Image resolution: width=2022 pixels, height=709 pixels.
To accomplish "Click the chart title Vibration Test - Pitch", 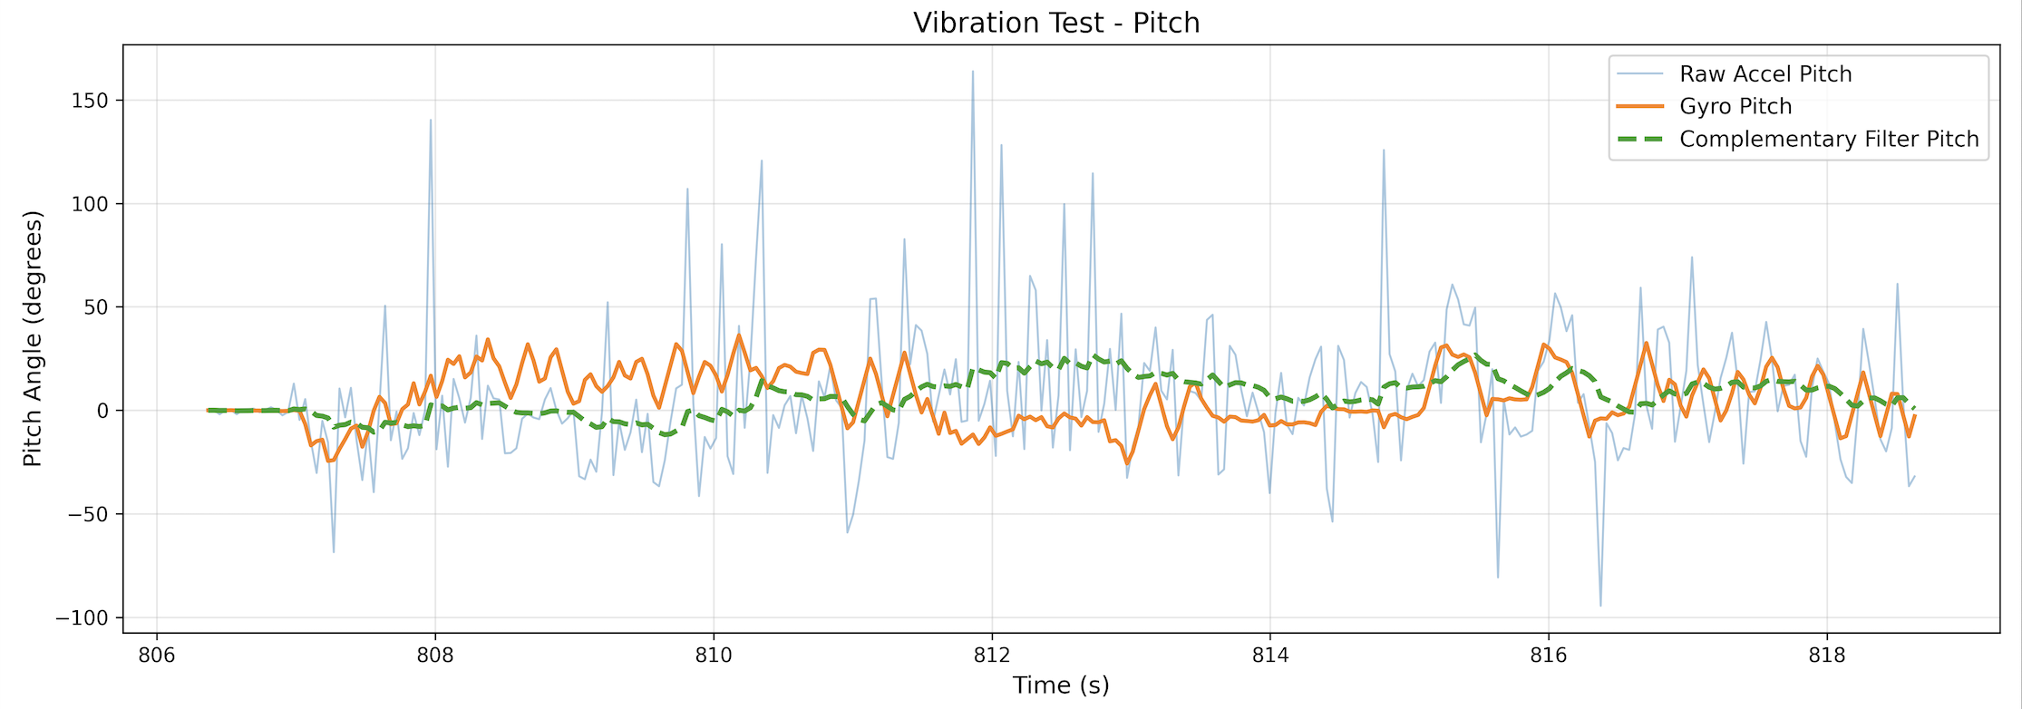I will click(1056, 23).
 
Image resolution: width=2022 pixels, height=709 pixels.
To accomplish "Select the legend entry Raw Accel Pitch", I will click(1764, 74).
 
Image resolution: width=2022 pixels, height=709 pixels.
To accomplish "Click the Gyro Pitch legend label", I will click(1735, 107).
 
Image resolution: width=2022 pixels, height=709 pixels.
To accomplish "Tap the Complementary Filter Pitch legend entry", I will click(1828, 140).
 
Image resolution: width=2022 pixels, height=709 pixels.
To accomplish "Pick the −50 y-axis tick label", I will click(87, 515).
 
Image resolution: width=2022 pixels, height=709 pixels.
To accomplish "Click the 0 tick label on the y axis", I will click(102, 411).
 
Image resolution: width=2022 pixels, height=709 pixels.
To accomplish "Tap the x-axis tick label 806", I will click(157, 655).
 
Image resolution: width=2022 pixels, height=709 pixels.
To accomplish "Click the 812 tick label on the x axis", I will click(991, 655).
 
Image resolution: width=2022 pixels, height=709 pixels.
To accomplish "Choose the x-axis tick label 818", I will click(1826, 655).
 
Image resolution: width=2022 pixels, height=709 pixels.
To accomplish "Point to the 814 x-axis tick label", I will click(1269, 655).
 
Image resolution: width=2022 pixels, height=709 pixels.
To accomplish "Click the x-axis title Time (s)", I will click(1061, 685).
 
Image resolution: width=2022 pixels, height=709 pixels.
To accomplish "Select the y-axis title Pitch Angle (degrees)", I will click(33, 339).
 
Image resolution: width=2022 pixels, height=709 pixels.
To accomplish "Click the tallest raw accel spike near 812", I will click(973, 72).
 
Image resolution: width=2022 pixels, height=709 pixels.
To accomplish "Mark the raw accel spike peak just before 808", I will click(431, 120).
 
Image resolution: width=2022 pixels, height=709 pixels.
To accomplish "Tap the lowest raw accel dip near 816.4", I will click(1600, 606).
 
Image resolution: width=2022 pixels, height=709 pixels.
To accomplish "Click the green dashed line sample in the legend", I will click(1639, 140).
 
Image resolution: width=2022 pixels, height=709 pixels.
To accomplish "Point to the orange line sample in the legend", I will click(1639, 107).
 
